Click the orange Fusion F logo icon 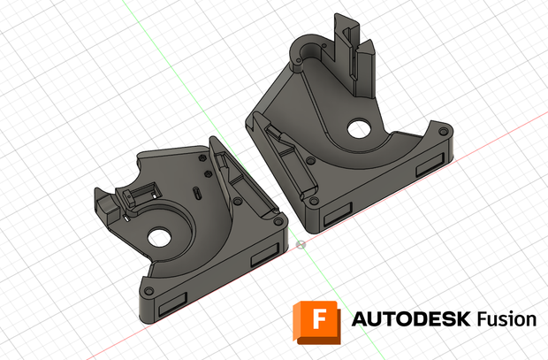tap(316, 322)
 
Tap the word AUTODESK tap(411, 319)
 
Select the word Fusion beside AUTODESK tap(506, 319)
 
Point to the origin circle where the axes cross tap(301, 245)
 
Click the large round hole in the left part tap(159, 238)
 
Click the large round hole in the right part tap(359, 128)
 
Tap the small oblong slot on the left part tap(197, 194)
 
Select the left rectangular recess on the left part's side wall tap(172, 304)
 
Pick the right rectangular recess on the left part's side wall tap(264, 255)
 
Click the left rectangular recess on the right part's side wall tap(338, 214)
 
